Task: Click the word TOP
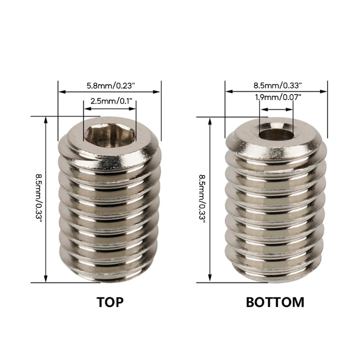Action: click(110, 301)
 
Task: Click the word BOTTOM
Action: click(275, 301)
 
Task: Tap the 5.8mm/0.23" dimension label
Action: click(109, 84)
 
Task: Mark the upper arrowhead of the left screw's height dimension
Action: click(46, 119)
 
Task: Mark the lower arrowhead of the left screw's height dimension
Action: click(46, 280)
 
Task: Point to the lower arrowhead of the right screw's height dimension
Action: click(210, 280)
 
